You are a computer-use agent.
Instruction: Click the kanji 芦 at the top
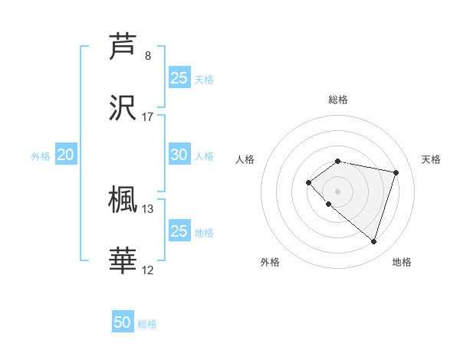click(x=123, y=46)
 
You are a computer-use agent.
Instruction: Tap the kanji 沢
click(x=123, y=107)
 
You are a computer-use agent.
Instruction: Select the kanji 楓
click(x=123, y=199)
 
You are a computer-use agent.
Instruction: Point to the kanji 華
click(x=123, y=260)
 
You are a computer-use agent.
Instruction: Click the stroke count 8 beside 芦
click(x=148, y=56)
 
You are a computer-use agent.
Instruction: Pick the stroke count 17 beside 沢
click(x=148, y=117)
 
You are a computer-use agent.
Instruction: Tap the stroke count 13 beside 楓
click(x=148, y=208)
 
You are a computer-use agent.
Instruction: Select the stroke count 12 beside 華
click(x=148, y=270)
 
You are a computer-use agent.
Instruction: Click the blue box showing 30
click(x=179, y=155)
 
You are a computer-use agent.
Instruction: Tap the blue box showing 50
click(x=123, y=322)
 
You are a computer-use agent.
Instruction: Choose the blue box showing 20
click(x=65, y=155)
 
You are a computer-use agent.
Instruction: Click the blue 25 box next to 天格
click(x=179, y=78)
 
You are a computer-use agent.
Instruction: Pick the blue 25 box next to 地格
click(x=179, y=231)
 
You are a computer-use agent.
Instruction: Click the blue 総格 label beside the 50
click(x=147, y=324)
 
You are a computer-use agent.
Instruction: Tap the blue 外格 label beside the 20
click(x=41, y=156)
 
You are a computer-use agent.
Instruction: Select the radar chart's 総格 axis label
click(x=338, y=100)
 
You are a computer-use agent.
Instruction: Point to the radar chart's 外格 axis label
click(x=270, y=263)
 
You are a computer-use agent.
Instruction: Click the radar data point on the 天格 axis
click(x=396, y=172)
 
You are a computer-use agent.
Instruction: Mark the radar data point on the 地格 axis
click(x=373, y=241)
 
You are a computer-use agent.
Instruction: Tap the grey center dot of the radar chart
click(x=338, y=191)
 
